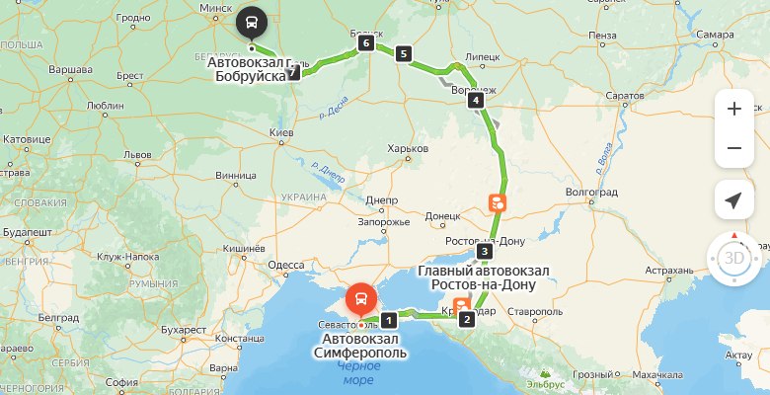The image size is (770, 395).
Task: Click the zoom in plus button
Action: (x=733, y=110)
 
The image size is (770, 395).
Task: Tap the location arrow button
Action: (x=733, y=200)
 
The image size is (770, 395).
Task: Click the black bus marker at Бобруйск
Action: (x=252, y=21)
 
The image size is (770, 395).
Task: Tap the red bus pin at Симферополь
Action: (x=362, y=297)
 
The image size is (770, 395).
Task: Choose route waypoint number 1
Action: (x=390, y=319)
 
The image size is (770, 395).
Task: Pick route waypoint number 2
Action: (x=467, y=319)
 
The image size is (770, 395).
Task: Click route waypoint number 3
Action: (x=484, y=252)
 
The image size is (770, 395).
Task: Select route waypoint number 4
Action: (x=476, y=100)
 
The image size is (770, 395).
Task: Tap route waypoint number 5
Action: (x=402, y=53)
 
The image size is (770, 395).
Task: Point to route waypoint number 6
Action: (x=366, y=43)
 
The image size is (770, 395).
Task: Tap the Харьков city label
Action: (x=409, y=149)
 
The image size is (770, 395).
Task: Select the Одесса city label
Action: (x=286, y=265)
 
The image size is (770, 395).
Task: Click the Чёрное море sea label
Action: (x=356, y=372)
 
